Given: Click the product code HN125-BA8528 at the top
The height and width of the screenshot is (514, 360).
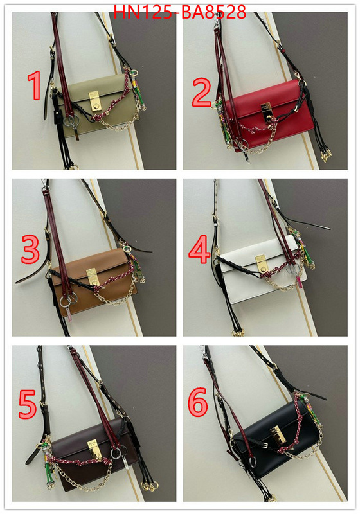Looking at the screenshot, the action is pos(179,12).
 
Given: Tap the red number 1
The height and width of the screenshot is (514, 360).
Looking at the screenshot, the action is pos(34,85).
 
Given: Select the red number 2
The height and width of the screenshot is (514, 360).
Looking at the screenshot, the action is pos(202,93).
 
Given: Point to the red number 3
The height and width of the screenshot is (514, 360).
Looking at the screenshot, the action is pos(30,249).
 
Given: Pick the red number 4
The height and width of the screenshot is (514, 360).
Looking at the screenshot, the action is pos(200,249).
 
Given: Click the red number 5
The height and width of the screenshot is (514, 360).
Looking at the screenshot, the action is pos(27,405).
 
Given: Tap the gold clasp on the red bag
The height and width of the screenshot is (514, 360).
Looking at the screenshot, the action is pos(265,111).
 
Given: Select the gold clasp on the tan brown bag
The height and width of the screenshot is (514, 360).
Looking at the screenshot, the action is pos(92,277).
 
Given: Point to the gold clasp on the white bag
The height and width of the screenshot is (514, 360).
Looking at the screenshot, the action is pos(261,264).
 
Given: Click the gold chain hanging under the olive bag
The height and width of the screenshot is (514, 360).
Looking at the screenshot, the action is pos(119,121).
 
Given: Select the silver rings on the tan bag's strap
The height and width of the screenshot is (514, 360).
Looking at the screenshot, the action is pos(69,299).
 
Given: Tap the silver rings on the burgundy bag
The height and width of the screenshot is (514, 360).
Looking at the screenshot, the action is pos(118,454).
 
